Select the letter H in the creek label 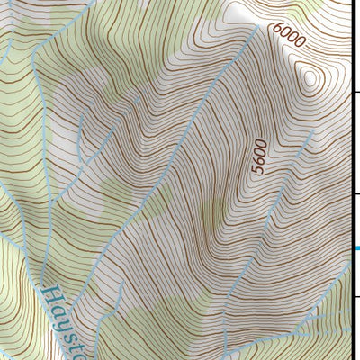51,294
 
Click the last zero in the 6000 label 301,42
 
